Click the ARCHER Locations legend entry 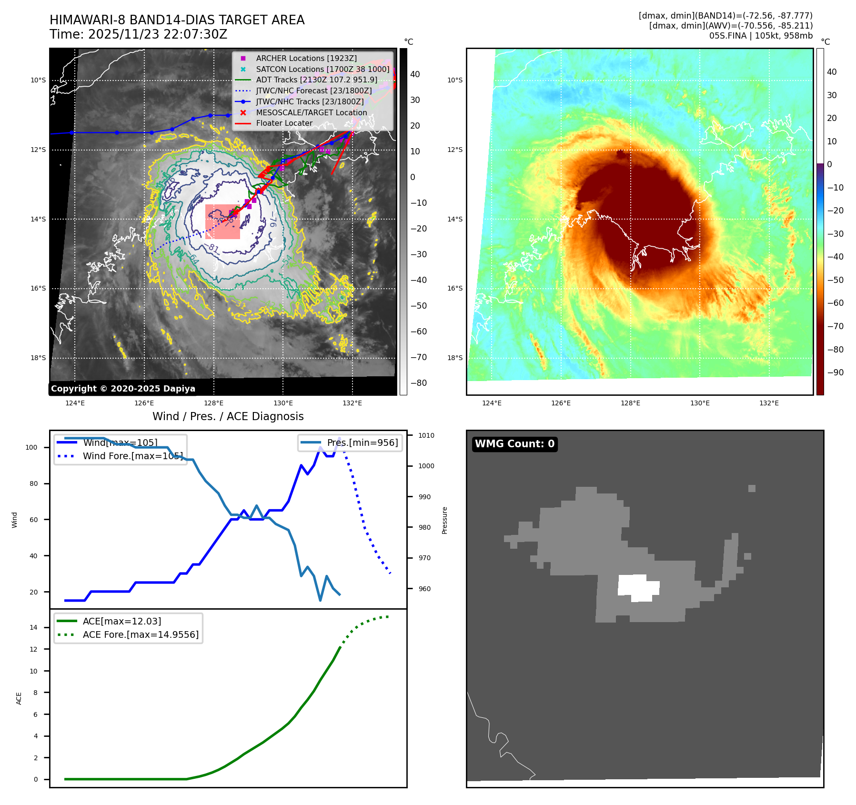pos(306,58)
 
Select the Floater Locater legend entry pos(284,123)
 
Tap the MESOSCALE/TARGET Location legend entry pos(311,112)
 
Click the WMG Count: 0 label pos(514,444)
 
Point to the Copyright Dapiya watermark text pos(123,389)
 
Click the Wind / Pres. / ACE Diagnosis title pos(228,416)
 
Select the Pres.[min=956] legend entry pos(362,443)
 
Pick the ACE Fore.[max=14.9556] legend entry pos(141,634)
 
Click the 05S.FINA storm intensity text pos(761,36)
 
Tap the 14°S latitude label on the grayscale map pos(39,219)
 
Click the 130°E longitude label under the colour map pos(700,403)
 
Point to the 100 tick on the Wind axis pos(31,447)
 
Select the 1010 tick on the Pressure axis pos(426,435)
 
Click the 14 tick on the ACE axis pos(34,627)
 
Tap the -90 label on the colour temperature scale pos(835,372)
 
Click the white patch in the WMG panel pos(638,588)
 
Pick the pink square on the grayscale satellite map pos(222,222)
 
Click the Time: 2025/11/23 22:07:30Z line pos(138,35)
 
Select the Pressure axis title pos(444,520)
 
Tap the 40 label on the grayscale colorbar pos(415,74)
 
